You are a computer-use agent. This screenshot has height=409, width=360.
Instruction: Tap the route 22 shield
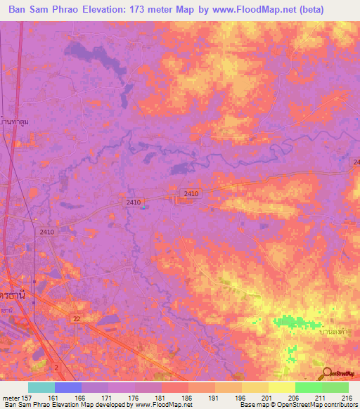[x=77, y=319]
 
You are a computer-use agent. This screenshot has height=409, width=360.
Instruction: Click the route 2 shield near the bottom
[x=57, y=367]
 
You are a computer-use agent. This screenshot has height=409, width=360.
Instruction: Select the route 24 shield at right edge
[x=355, y=162]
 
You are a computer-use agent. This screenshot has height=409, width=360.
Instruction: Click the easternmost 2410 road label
[x=191, y=193]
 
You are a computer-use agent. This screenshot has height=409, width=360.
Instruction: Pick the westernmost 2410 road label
[x=47, y=232]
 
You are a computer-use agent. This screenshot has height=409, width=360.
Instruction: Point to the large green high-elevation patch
[x=295, y=322]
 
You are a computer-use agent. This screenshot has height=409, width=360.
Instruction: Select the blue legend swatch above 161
[x=68, y=387]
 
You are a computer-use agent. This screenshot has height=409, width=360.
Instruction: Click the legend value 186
[x=186, y=397]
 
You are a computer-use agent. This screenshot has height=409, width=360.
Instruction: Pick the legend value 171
[x=107, y=397]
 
